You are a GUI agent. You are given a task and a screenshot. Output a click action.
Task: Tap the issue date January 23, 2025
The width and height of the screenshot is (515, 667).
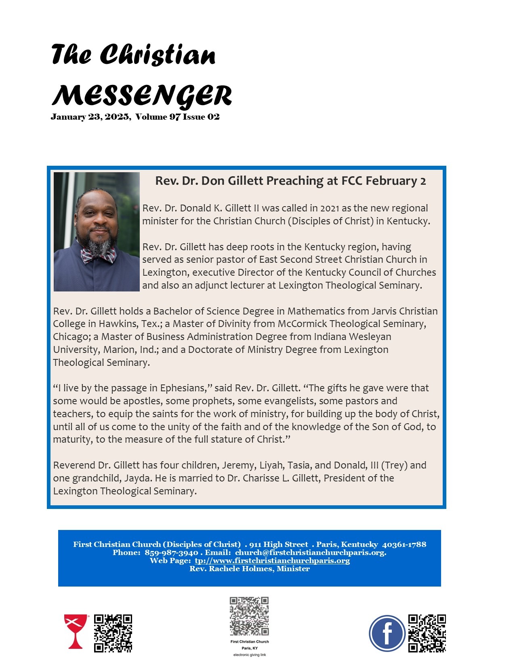click(90, 117)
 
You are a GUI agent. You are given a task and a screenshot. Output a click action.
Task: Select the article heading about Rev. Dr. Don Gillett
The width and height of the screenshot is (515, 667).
click(290, 181)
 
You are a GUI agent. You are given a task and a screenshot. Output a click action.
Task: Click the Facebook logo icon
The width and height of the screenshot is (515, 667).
click(387, 633)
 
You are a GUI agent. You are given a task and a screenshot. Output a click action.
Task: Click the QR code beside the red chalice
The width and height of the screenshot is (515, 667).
click(113, 633)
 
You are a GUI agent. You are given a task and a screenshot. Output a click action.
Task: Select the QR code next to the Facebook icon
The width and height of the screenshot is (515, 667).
click(427, 633)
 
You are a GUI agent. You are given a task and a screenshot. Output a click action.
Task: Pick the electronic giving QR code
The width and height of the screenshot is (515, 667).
click(249, 616)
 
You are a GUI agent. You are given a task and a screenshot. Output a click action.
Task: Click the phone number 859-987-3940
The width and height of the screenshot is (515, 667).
click(171, 553)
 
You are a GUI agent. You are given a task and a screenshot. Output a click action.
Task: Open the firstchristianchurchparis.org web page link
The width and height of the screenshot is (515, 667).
click(272, 561)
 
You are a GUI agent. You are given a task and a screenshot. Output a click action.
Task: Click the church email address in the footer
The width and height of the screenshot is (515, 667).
click(310, 553)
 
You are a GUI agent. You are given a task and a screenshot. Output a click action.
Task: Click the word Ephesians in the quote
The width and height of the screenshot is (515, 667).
click(183, 388)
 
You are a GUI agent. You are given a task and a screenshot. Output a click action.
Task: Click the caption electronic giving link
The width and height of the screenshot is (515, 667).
click(249, 655)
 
